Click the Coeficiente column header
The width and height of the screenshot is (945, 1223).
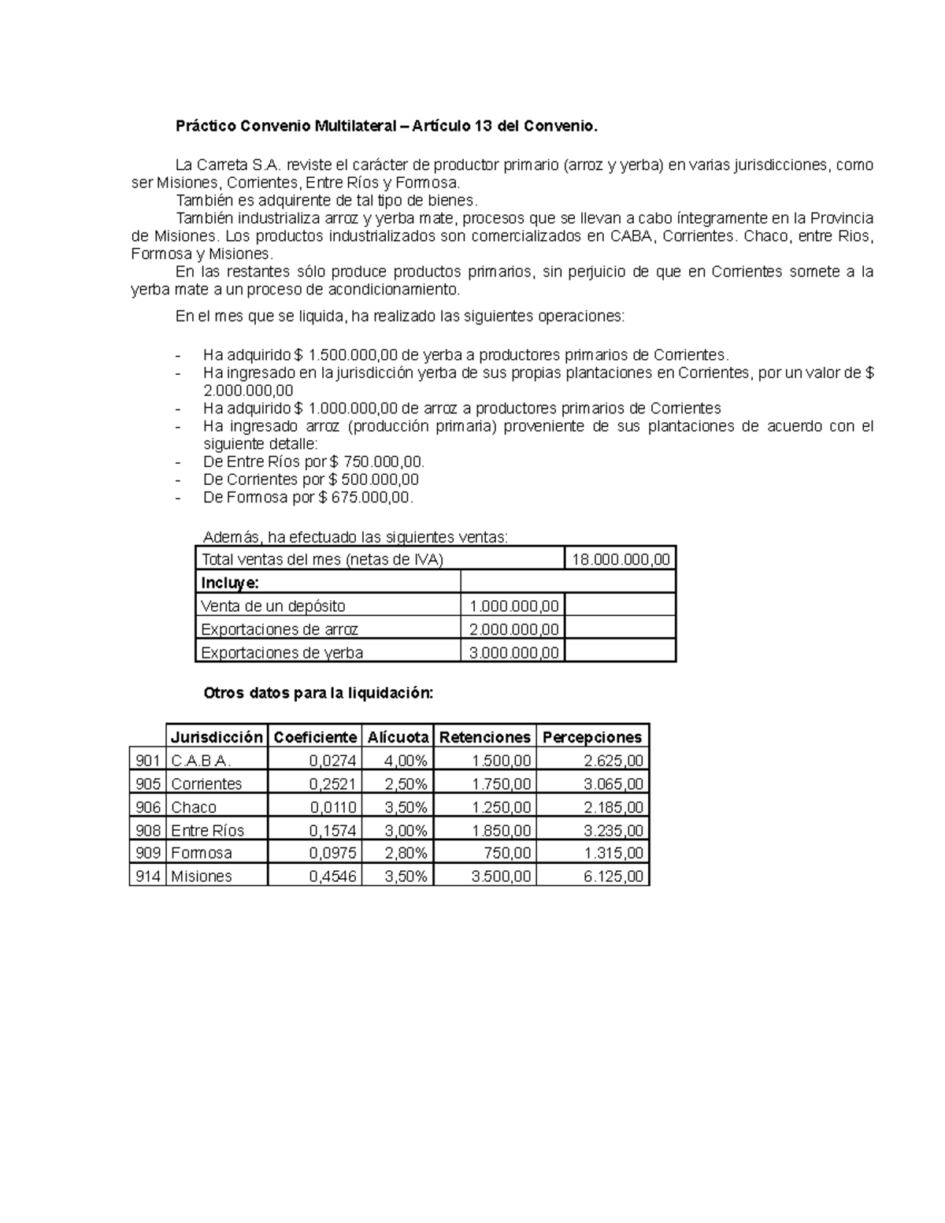(x=314, y=737)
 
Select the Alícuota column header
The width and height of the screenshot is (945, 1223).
(x=398, y=737)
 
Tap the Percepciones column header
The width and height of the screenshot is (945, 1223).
(x=592, y=737)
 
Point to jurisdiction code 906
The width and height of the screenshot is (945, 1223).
(x=148, y=807)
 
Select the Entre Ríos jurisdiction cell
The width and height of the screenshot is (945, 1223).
(x=208, y=830)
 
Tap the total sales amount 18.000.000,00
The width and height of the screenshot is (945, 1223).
(x=621, y=560)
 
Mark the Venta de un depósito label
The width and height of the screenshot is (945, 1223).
(x=273, y=606)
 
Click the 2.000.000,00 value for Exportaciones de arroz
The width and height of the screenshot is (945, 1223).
(x=513, y=629)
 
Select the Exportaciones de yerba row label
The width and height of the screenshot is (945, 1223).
(x=282, y=652)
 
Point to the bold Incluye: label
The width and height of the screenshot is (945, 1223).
(x=230, y=583)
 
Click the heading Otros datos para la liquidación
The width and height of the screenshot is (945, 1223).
(x=318, y=693)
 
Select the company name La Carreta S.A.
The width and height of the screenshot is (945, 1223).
(x=228, y=165)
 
